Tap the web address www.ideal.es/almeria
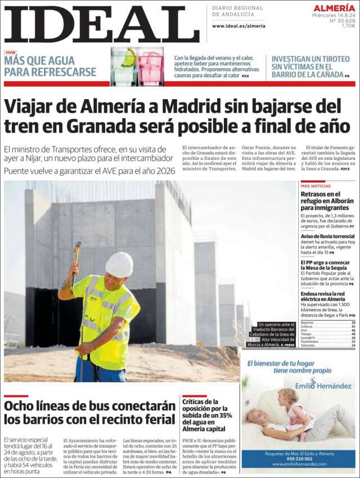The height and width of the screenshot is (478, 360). click(x=238, y=26)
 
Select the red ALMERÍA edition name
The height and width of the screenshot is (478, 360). click(x=334, y=8)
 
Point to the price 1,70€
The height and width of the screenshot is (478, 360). click(x=349, y=25)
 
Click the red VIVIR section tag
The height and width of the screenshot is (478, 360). click(x=10, y=52)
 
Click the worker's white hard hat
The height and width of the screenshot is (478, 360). click(x=119, y=264)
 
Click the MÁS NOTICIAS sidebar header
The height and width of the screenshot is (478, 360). click(x=316, y=186)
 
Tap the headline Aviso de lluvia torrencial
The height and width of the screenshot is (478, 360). click(x=327, y=236)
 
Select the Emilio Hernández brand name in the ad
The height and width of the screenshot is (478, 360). click(x=323, y=386)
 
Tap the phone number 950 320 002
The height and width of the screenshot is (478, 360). click(x=299, y=458)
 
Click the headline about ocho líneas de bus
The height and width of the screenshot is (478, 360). click(x=90, y=412)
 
